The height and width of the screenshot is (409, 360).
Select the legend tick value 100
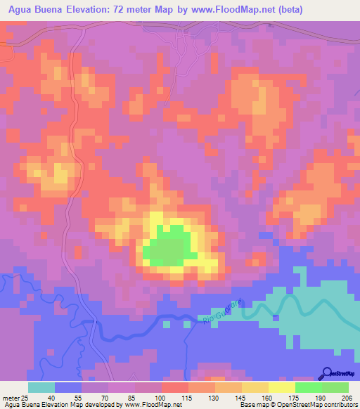click(x=162, y=398)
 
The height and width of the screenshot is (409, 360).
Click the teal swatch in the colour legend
click(x=41, y=387)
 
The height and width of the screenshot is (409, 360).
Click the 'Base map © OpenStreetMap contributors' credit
click(x=298, y=405)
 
